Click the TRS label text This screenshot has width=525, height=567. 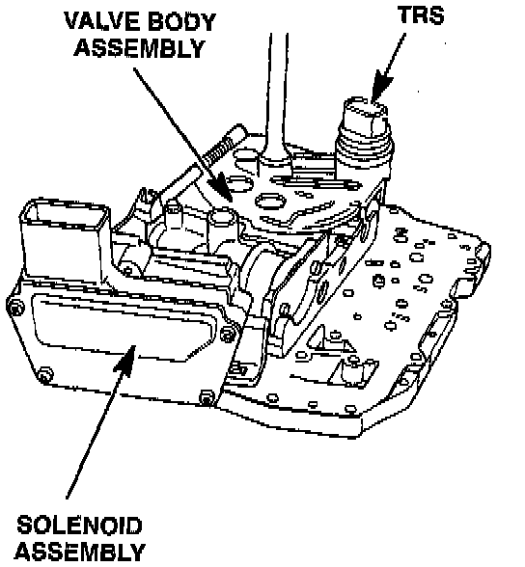(x=421, y=14)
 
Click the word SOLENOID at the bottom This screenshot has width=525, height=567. (x=79, y=526)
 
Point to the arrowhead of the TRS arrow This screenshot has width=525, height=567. (x=380, y=86)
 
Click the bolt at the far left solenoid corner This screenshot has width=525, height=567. (x=14, y=309)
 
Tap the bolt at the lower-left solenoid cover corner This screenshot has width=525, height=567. (x=44, y=374)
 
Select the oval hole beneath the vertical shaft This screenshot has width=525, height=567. (x=270, y=201)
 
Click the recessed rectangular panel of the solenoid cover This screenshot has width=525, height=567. (x=123, y=327)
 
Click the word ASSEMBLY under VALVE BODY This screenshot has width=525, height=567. (x=140, y=48)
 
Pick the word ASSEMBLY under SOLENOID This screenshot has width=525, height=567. (x=80, y=553)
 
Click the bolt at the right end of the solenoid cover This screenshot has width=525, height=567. (x=228, y=333)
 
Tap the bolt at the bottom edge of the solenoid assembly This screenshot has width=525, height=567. (x=207, y=396)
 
